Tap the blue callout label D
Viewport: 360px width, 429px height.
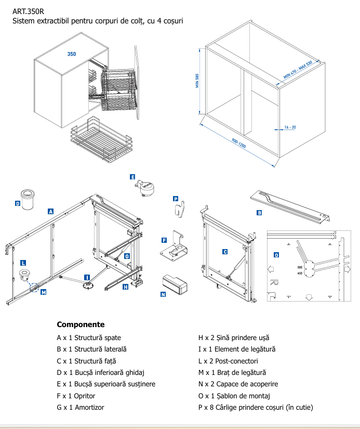(x=18, y=204)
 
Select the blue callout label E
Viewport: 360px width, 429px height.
(x=133, y=177)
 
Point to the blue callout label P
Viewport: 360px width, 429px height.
(x=176, y=199)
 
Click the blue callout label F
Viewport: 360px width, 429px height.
(x=164, y=240)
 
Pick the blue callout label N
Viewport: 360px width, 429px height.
(x=163, y=294)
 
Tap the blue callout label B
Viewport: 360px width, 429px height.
(x=259, y=213)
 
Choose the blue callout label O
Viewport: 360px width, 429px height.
(x=276, y=255)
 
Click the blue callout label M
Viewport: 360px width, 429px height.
(x=44, y=292)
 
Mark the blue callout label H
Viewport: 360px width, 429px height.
(x=126, y=287)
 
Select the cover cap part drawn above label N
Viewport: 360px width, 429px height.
(x=174, y=284)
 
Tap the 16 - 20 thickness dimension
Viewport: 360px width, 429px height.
(x=289, y=127)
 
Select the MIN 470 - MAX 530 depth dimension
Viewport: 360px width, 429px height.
(x=297, y=70)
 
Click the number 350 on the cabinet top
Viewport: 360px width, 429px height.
(x=72, y=54)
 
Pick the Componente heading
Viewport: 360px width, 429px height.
(x=81, y=324)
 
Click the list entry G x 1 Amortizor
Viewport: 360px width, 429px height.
(x=81, y=407)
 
